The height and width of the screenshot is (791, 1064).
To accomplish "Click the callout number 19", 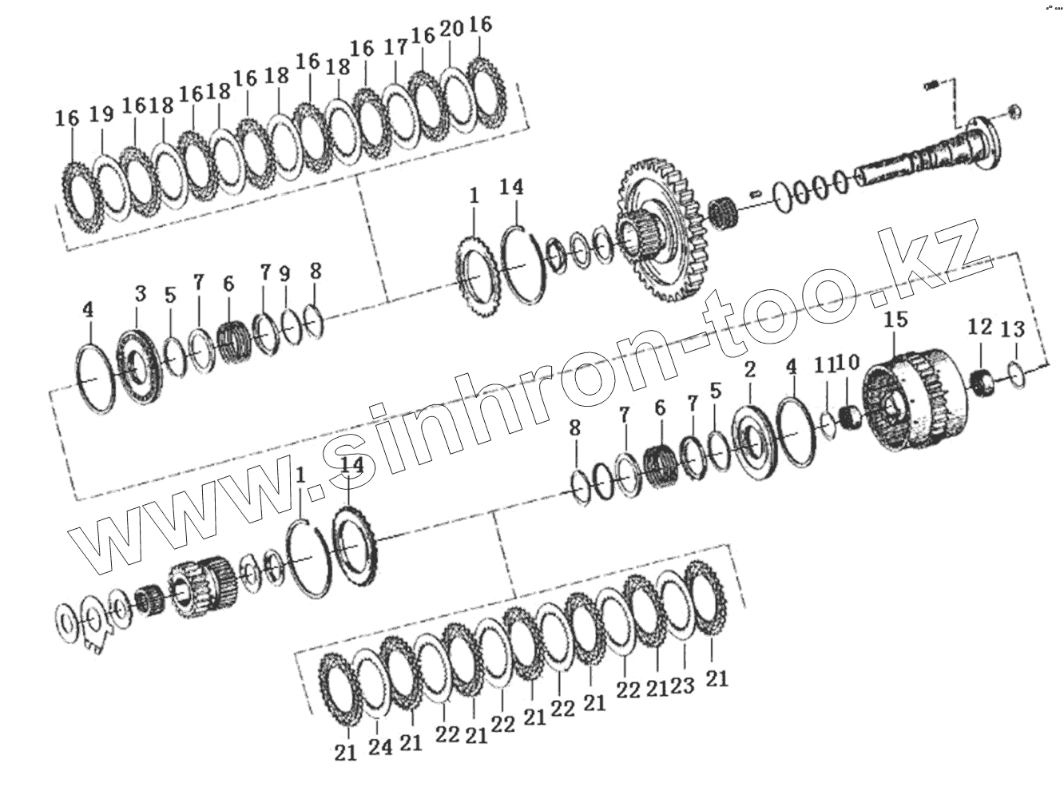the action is pos(101,114).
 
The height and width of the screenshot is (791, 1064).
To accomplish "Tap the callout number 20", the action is pos(452,30).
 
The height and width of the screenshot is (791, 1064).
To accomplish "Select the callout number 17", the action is pos(395,48).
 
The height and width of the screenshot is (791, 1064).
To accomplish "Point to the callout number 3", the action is pos(140,293).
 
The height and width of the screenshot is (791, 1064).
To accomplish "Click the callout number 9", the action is pos(285,274).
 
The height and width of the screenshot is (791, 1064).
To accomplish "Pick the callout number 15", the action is pos(896,320).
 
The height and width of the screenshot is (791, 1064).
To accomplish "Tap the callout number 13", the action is pos(1013,329).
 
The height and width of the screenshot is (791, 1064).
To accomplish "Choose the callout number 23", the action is pos(683,686).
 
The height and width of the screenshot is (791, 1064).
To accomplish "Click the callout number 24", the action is pos(380,747).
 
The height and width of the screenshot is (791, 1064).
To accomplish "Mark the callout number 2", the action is pos(750,369).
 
